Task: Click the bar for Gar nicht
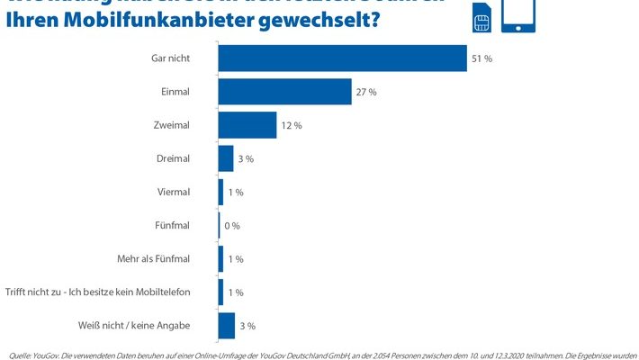(342, 58)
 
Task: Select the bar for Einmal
(284, 92)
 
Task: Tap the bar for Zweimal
(247, 125)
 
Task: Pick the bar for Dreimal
(226, 158)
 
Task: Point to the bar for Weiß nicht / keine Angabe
(226, 325)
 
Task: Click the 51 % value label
(481, 58)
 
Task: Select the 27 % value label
(366, 92)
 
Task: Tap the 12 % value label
(292, 125)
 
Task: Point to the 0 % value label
(231, 226)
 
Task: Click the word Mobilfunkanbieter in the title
(150, 20)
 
